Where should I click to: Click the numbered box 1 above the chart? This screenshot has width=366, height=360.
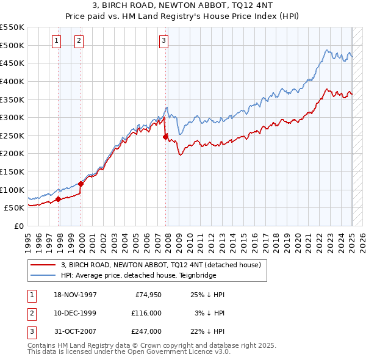pos(56,41)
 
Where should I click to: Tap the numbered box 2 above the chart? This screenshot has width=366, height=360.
pos(79,41)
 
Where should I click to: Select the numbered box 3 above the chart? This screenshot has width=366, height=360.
pos(164,41)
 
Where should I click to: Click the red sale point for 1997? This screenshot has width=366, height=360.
pos(59,198)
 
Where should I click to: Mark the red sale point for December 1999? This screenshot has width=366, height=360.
pos(81,183)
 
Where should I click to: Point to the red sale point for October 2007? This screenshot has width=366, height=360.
pos(165,137)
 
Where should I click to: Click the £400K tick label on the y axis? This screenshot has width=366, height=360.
pos(12,81)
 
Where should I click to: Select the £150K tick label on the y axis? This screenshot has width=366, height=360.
pos(12,171)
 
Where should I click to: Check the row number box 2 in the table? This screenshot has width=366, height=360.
pos(31,313)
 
